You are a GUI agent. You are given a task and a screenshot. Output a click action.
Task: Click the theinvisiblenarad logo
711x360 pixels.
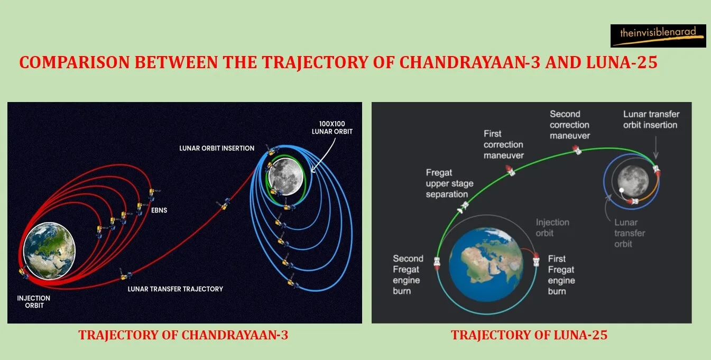pos(658,35)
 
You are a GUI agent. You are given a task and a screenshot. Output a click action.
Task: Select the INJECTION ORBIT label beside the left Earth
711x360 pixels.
pos(33,302)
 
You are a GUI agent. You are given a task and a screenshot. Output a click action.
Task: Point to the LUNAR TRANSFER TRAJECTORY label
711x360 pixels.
pos(175,289)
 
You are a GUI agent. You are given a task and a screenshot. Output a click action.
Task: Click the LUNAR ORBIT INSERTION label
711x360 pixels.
pos(217,148)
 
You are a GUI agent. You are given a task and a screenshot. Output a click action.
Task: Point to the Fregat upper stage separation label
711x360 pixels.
pos(449,184)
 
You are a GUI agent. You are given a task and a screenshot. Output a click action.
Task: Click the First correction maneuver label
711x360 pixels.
pos(503,144)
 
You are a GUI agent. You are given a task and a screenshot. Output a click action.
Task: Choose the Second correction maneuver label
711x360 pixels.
pos(569,125)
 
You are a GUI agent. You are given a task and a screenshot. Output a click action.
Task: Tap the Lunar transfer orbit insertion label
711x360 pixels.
pos(651,119)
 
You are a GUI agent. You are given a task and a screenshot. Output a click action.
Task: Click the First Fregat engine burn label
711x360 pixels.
pos(561,275)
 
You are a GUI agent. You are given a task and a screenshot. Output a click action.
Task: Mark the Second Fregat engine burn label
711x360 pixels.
pos(408,275)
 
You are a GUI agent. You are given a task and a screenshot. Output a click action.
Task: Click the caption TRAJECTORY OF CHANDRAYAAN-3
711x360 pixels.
pos(183,335)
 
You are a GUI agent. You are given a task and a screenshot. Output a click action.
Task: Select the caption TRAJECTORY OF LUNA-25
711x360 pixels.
pos(529,335)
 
